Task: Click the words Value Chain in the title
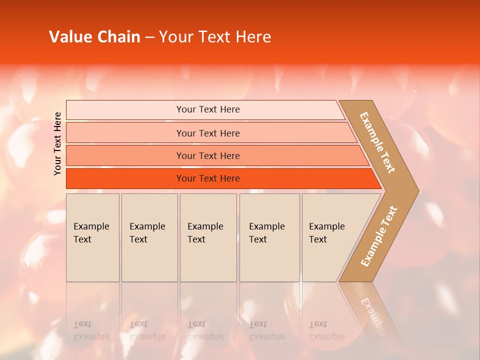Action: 94,37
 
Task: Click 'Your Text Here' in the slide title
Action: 215,37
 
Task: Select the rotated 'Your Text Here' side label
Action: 57,143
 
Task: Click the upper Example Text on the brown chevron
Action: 377,143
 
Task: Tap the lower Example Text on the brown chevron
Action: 379,236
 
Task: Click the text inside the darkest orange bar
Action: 208,178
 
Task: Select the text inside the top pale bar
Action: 208,109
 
